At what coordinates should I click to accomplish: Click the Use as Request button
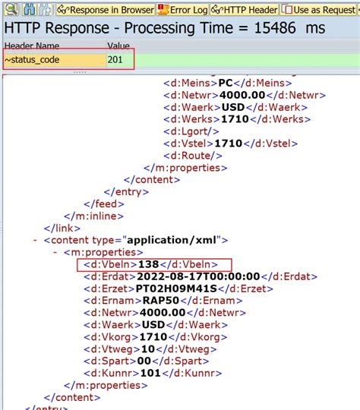320,10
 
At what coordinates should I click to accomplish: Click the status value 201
117,59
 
